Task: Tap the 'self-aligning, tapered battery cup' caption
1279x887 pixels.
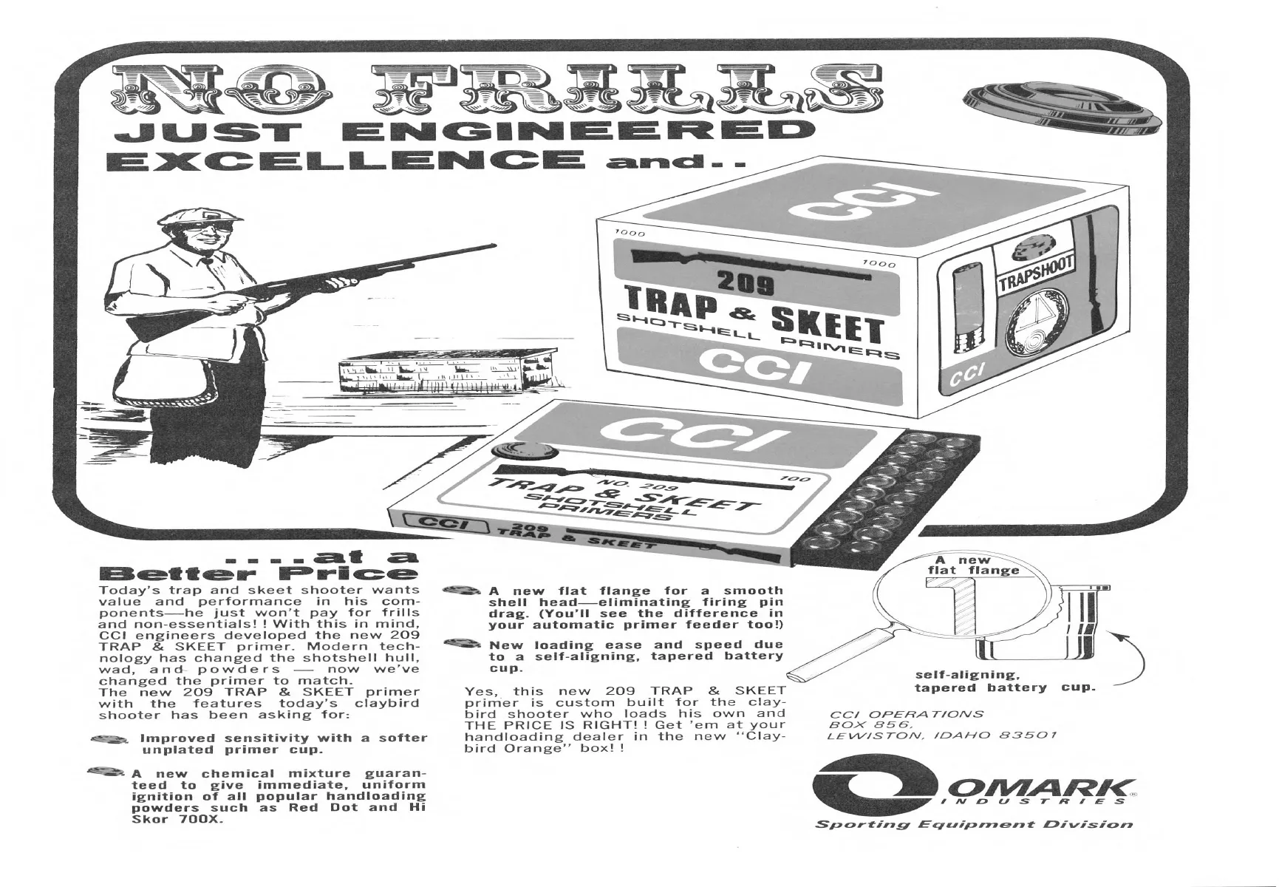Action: pyautogui.click(x=1004, y=681)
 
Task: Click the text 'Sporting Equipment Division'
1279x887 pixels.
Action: pyautogui.click(x=974, y=823)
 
